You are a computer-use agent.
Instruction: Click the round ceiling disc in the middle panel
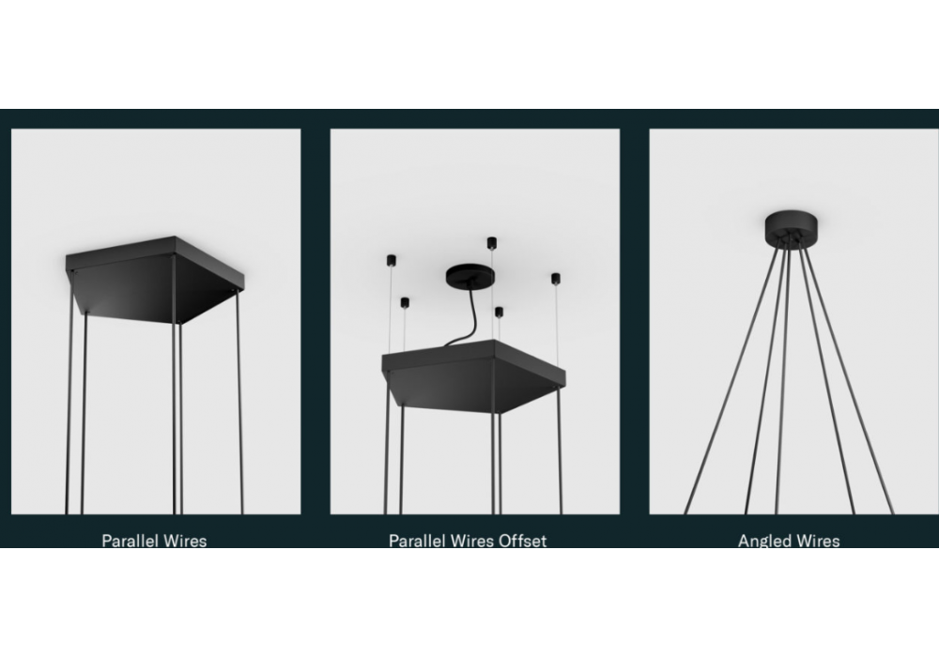pos(470,276)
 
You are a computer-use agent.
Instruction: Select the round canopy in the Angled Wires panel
pos(791,226)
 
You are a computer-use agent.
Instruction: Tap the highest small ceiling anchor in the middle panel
pos(492,242)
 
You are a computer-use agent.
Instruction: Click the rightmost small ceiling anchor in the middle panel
pos(556,279)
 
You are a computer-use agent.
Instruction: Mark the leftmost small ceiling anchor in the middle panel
pos(391,260)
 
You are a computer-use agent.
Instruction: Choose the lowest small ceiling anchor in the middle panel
pos(499,312)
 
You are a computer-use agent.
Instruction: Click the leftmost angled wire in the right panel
pos(731,379)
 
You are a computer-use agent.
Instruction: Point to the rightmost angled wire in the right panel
pos(848,379)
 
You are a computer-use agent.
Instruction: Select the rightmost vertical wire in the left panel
pos(239,402)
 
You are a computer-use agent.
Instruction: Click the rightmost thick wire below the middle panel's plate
pos(560,450)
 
